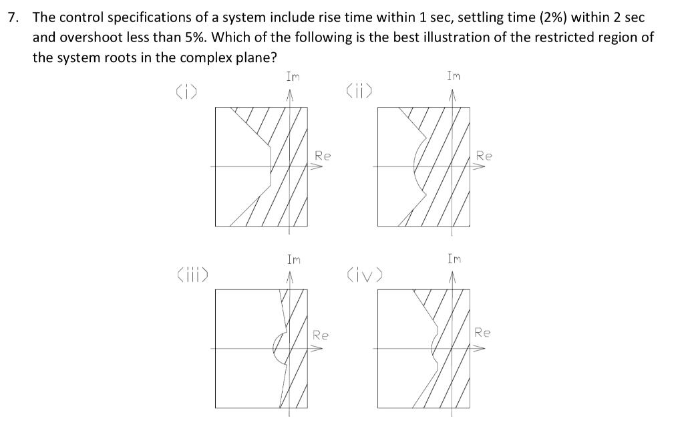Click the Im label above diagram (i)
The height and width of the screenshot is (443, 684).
293,77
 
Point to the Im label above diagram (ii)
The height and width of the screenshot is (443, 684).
454,77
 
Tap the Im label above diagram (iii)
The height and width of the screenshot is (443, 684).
293,259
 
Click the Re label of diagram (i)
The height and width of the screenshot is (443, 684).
323,156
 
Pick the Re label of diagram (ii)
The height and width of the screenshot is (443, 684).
484,156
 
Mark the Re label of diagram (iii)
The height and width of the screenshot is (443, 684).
321,335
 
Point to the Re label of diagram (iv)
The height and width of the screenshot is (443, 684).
483,333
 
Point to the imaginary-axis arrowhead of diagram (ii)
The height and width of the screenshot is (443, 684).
454,98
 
